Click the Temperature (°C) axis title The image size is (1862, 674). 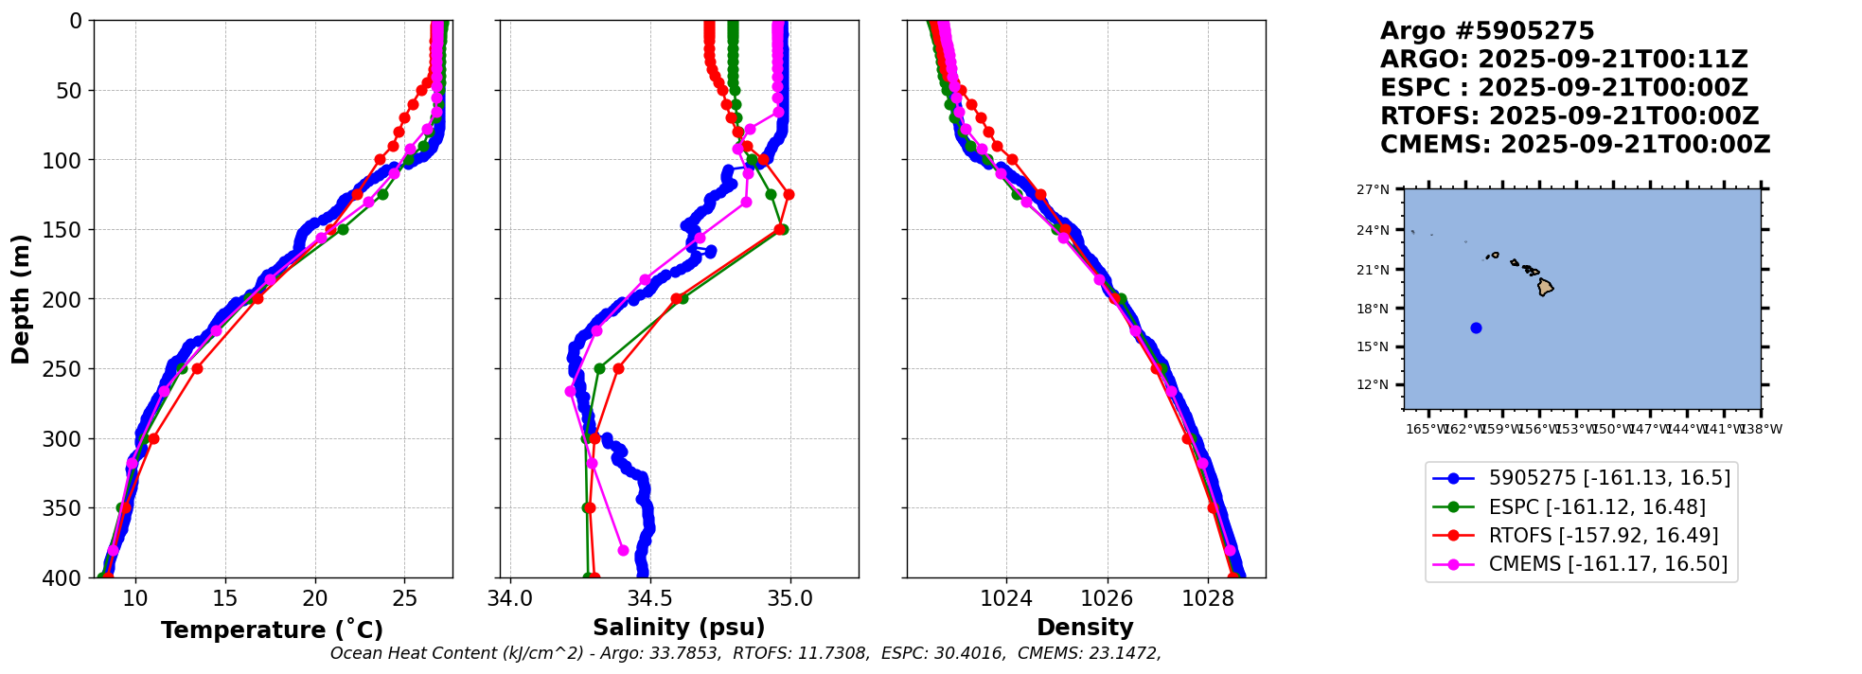click(x=272, y=630)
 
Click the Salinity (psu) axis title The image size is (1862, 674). click(x=679, y=628)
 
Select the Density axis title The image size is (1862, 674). click(x=1085, y=628)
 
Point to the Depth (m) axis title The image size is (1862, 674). click(x=21, y=299)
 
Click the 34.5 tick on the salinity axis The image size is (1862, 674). click(x=649, y=598)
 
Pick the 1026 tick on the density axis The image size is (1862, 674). click(x=1107, y=598)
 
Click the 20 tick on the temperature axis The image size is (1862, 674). click(x=314, y=598)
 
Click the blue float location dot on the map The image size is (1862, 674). click(x=1476, y=328)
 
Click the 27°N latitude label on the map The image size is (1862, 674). click(x=1373, y=190)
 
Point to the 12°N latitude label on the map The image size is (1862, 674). click(x=1373, y=385)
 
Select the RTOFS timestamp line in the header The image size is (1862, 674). click(x=1569, y=116)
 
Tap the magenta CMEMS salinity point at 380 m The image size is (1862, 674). click(x=623, y=550)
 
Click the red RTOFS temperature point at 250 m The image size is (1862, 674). click(x=197, y=368)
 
